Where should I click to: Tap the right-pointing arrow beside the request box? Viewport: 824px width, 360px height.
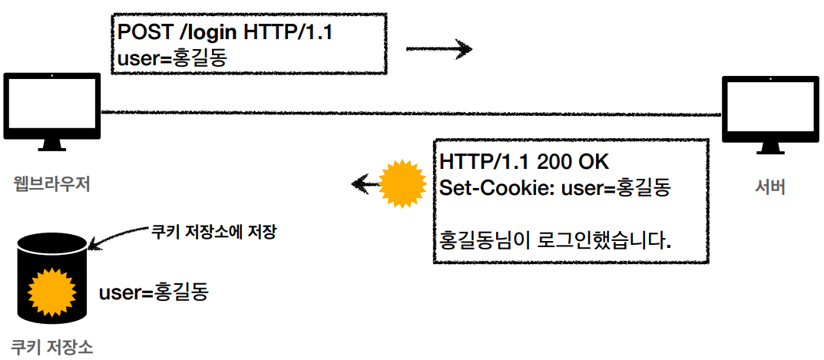coord(438,51)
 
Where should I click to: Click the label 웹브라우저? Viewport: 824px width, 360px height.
coord(51,184)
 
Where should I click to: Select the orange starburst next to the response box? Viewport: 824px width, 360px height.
coord(403,183)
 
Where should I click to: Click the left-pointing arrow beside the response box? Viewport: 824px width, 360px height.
coord(366,183)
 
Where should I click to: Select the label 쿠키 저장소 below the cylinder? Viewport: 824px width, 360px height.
coord(52,346)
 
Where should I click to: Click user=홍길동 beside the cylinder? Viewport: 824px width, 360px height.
coord(154,292)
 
